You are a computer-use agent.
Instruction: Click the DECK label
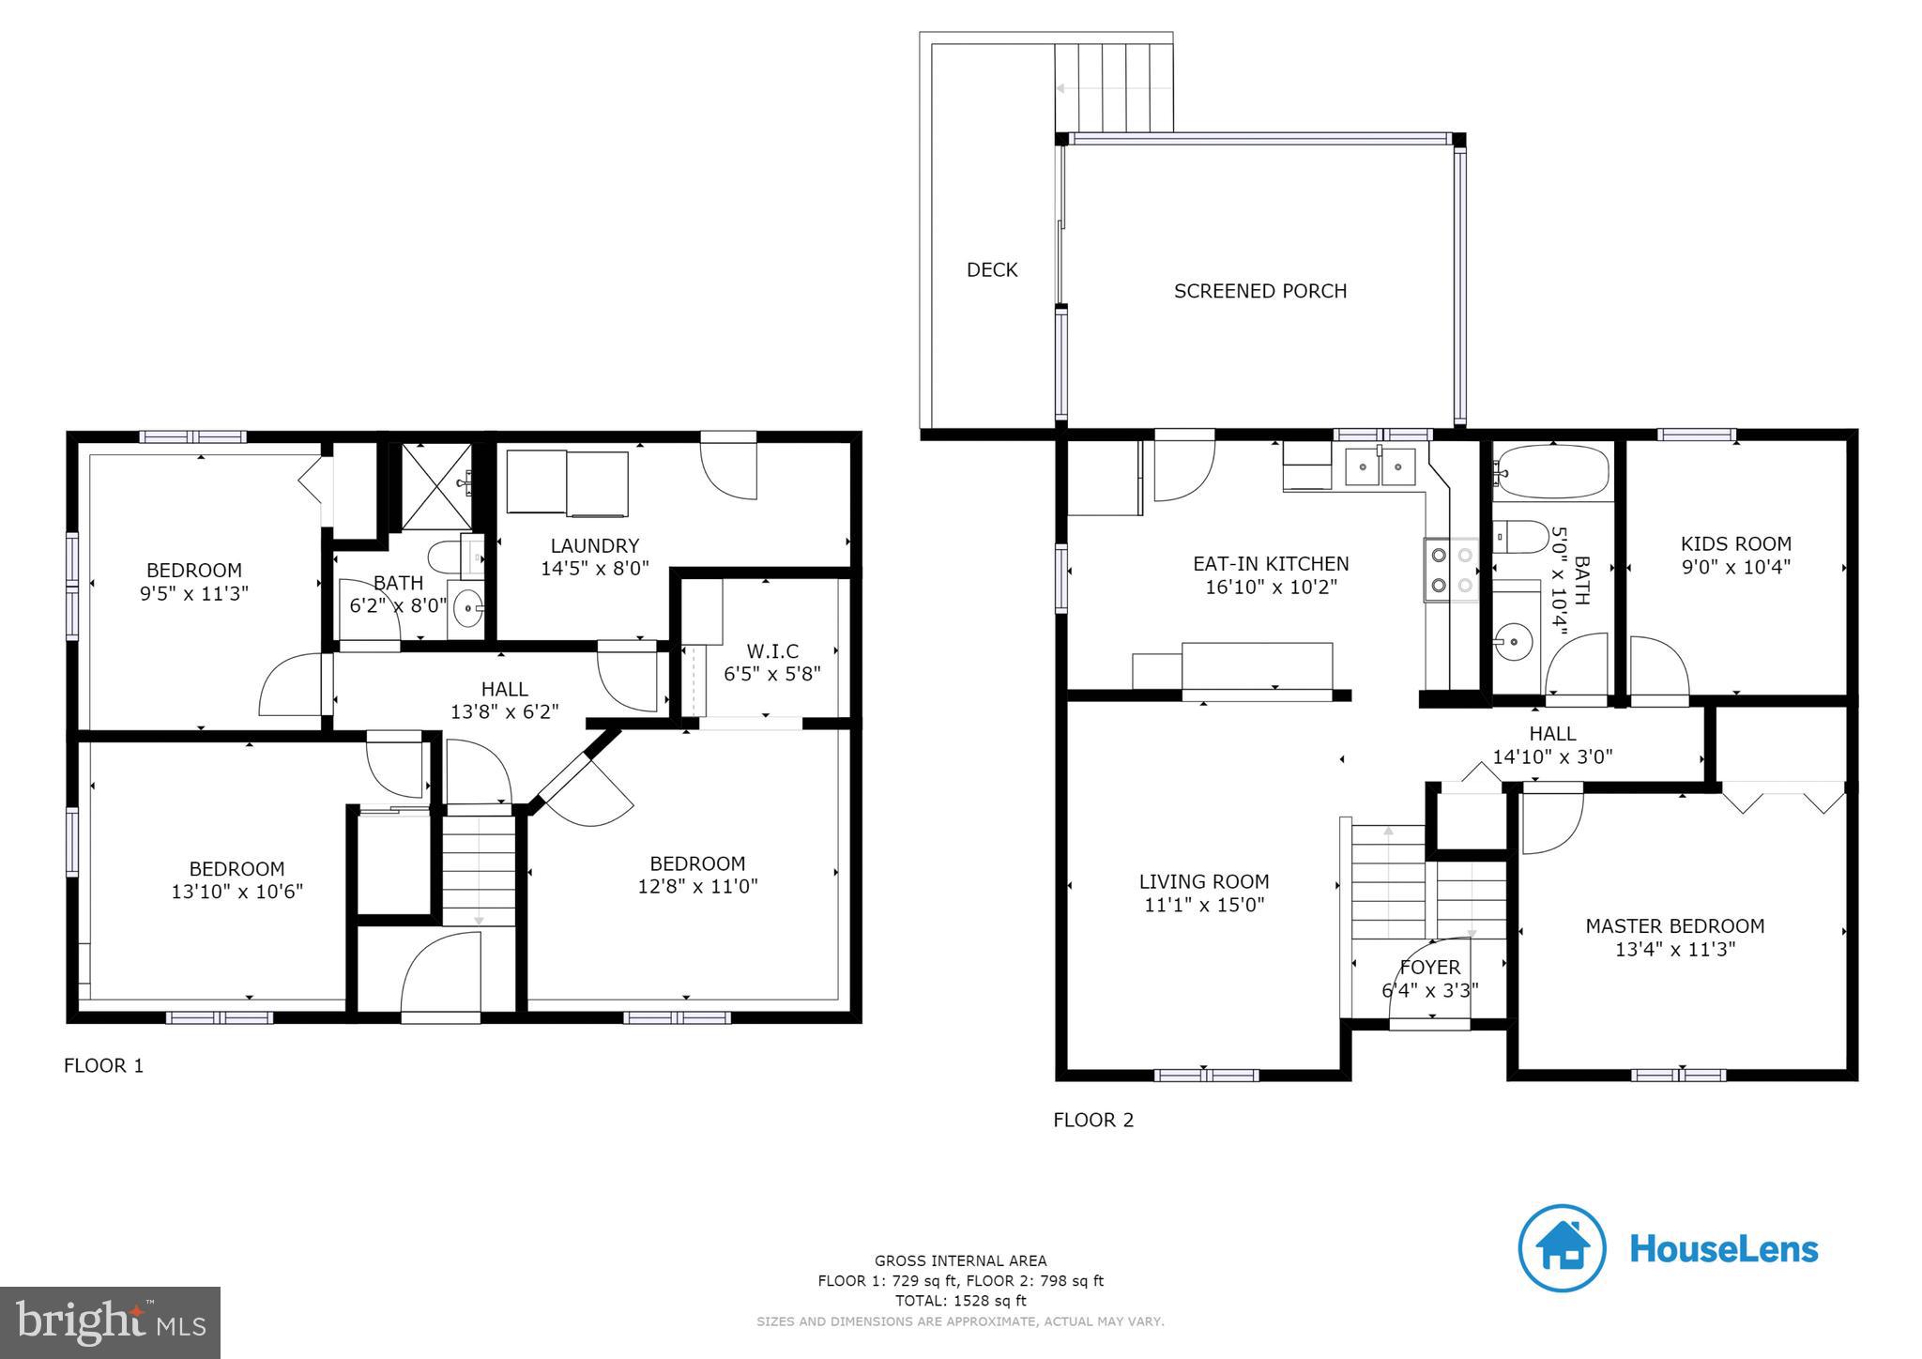[992, 270]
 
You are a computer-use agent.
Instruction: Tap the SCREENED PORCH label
[1259, 291]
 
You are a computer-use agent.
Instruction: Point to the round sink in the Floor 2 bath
[1513, 643]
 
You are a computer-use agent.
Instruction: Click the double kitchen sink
[1380, 466]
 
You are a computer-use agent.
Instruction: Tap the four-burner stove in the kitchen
[1451, 570]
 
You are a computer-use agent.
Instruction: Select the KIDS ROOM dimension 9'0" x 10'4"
[1735, 567]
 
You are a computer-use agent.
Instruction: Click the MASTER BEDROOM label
[1674, 926]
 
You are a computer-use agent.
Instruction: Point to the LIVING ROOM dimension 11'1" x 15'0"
[1204, 905]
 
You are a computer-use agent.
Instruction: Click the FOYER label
[1429, 968]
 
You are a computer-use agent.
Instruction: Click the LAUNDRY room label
[594, 545]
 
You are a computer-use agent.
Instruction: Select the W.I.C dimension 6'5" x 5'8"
[771, 674]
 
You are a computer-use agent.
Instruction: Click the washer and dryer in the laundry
[568, 482]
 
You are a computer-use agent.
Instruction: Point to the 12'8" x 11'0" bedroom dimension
[697, 886]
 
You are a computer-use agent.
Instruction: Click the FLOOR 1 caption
[103, 1065]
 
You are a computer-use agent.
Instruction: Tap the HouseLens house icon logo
[1562, 1248]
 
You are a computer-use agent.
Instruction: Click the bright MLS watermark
[110, 1322]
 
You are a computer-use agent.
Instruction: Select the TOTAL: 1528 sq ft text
[960, 1301]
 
